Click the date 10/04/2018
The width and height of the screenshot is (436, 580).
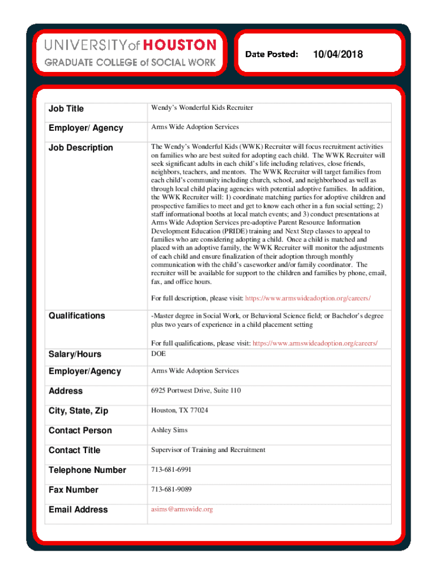[337, 54]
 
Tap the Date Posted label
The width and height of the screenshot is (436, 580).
[272, 54]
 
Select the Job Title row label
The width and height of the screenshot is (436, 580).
[66, 108]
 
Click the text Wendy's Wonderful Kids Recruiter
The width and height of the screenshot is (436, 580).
[202, 108]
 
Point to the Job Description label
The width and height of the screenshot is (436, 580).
[81, 148]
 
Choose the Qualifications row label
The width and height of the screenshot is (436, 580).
[77, 315]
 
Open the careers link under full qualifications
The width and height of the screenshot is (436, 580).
[314, 344]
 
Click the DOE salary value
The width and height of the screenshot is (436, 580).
[159, 353]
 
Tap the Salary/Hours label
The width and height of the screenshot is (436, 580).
[75, 355]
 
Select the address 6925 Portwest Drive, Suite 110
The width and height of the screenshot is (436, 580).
[196, 391]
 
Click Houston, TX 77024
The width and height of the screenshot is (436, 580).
[179, 410]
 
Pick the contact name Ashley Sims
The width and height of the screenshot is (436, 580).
[169, 430]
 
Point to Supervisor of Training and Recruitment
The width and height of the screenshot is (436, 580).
[208, 450]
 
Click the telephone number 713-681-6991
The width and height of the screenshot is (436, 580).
[171, 470]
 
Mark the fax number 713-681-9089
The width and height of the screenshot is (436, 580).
[171, 489]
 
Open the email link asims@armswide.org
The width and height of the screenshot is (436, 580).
[182, 509]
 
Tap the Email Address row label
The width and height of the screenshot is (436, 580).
[78, 510]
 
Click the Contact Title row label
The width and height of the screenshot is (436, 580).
[75, 450]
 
